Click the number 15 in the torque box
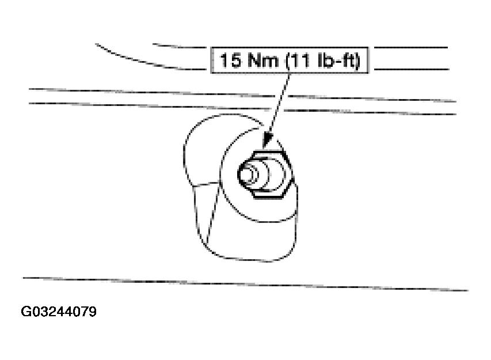point(230,60)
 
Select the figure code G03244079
point(59,312)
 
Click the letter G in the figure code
point(26,312)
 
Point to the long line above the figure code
point(246,284)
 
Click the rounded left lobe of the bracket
point(188,150)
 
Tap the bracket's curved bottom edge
point(248,259)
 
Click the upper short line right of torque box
point(411,48)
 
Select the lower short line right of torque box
point(412,69)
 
